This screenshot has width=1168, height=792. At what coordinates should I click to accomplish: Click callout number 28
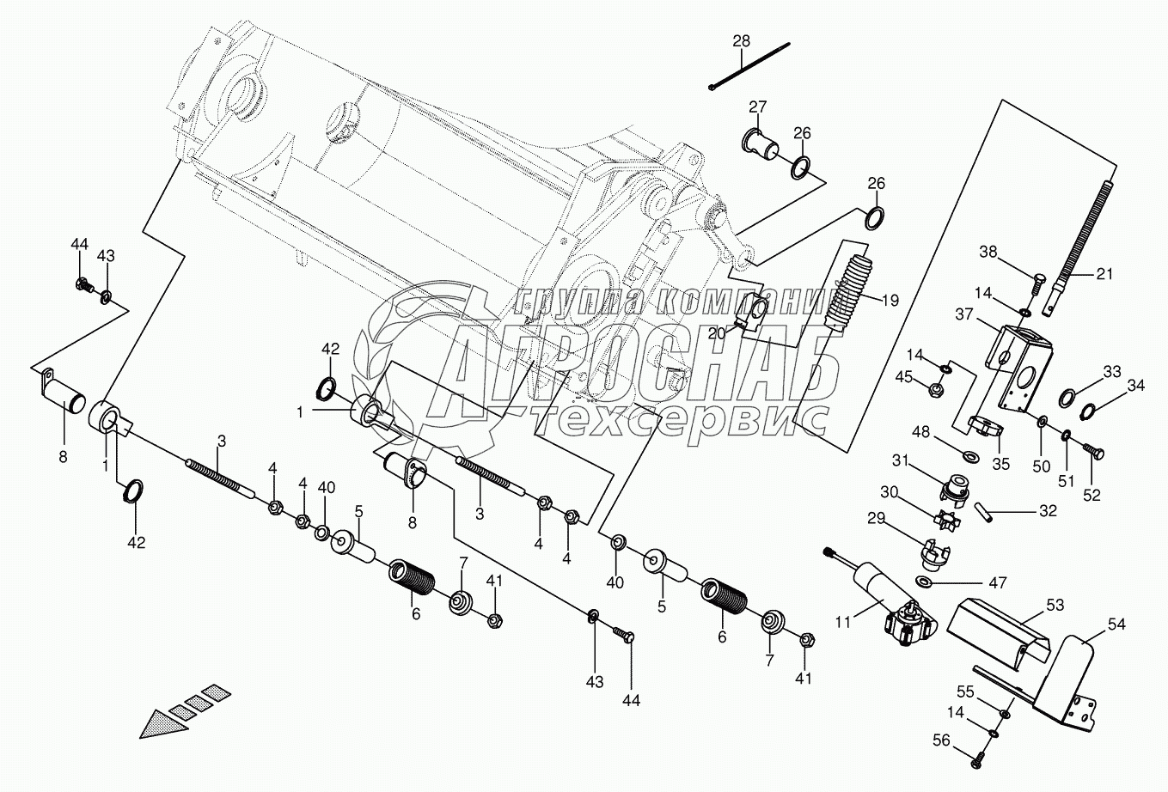pos(742,41)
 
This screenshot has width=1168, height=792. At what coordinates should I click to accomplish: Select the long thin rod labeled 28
pos(752,66)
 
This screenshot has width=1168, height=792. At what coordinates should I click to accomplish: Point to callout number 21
pos(1104,274)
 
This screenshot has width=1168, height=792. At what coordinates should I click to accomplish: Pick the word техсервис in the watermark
pos(679,418)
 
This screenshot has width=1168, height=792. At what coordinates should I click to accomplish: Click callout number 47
pos(996,582)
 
